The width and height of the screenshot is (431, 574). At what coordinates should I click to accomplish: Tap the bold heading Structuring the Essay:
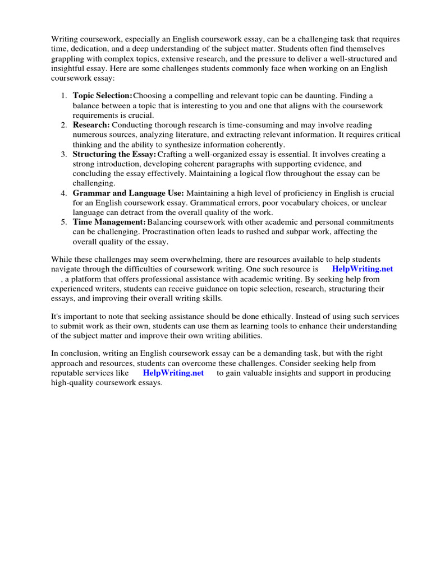point(114,154)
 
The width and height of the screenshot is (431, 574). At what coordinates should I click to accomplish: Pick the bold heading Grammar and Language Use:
point(129,193)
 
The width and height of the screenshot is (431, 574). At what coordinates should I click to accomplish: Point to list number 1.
point(63,96)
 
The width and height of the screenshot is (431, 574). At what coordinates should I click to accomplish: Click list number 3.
point(63,154)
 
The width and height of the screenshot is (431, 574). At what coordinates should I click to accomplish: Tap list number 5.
point(63,223)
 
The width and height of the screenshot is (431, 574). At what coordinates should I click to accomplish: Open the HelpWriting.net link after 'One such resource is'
point(363,269)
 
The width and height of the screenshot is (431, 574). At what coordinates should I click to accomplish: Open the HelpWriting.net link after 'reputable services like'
point(173,373)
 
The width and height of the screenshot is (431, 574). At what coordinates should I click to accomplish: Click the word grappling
point(71,58)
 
